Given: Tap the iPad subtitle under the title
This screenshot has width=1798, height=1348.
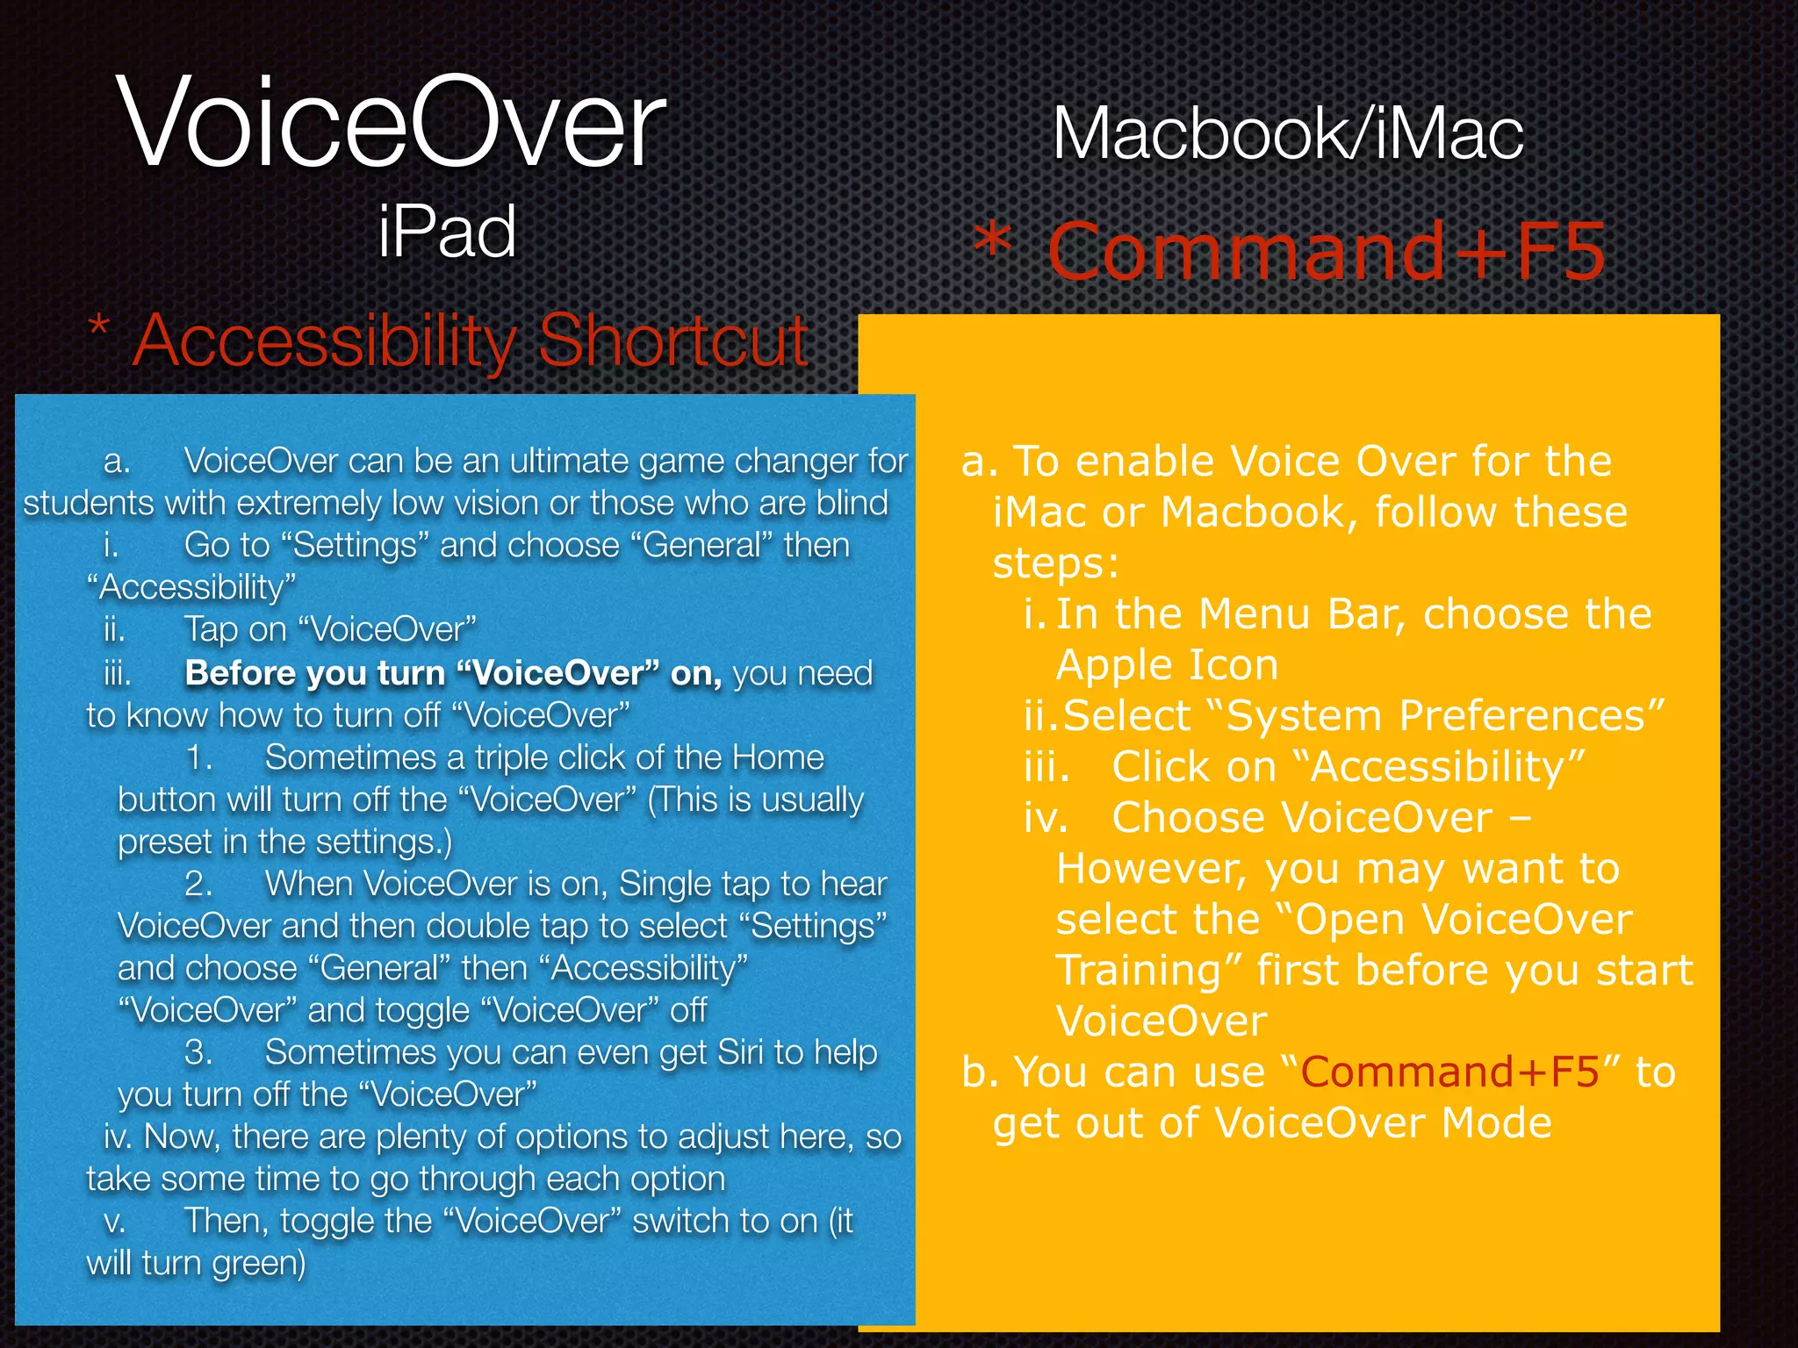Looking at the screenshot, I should point(447,232).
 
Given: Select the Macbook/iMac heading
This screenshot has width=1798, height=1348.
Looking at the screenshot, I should point(1288,135).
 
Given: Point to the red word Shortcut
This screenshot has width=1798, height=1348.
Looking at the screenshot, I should point(672,341).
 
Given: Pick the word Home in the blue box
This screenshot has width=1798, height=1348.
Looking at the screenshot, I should point(778,756).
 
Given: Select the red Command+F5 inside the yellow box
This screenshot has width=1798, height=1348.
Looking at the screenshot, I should point(1449,1072).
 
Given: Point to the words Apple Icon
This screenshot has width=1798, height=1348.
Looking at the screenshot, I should point(1167,665).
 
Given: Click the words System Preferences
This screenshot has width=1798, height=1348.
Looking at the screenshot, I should point(1436,716).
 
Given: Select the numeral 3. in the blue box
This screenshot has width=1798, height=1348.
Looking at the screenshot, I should point(198,1051).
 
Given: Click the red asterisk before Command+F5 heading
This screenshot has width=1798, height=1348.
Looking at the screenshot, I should point(995,242).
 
